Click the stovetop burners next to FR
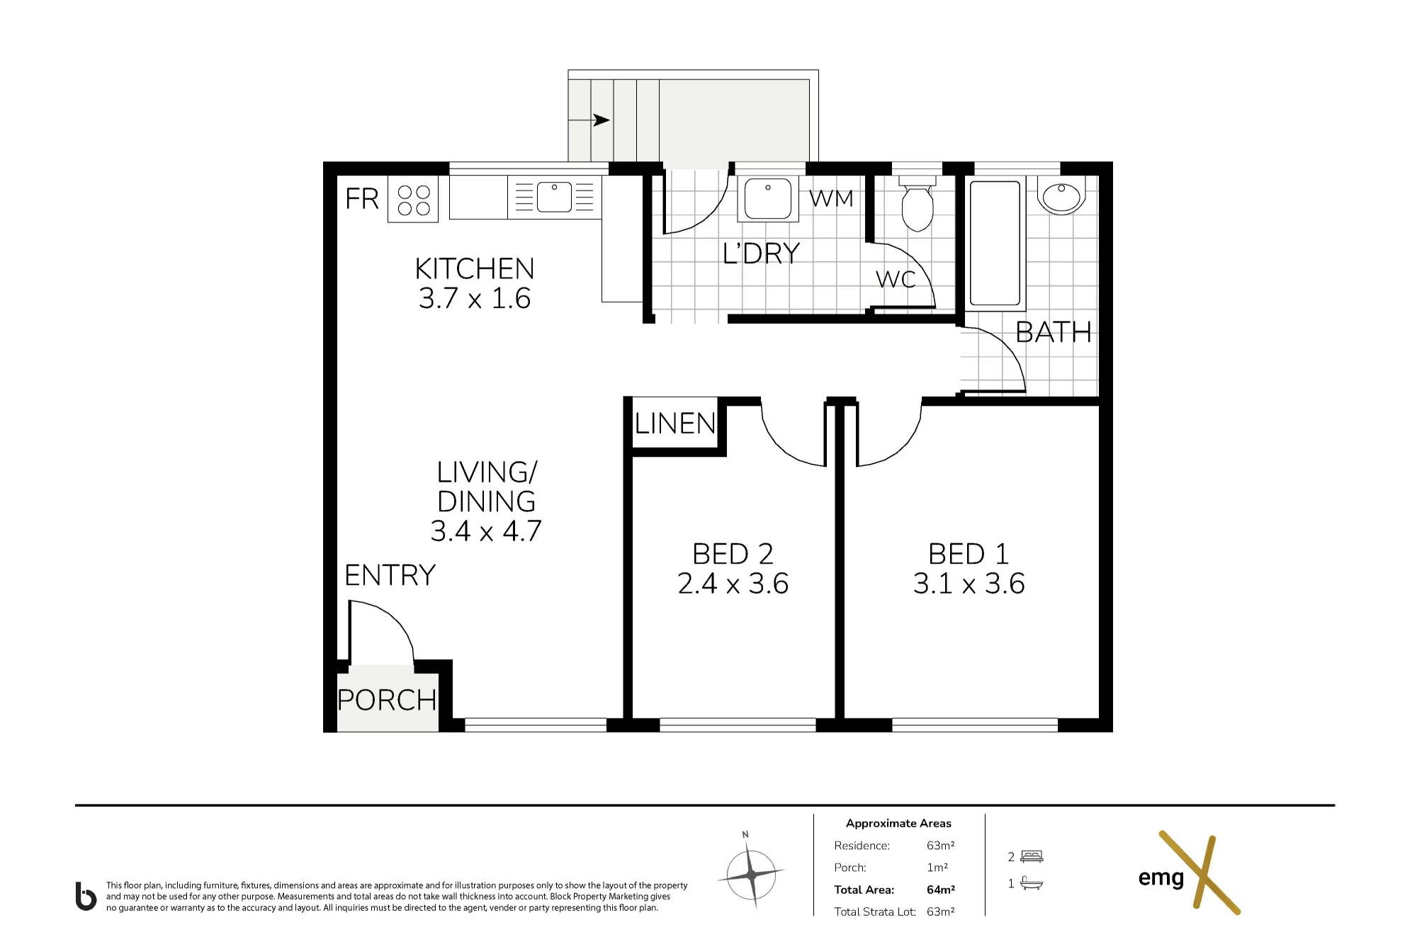(x=413, y=199)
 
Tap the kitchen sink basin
(x=554, y=197)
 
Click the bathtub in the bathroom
(x=995, y=243)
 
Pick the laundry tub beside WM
(x=767, y=198)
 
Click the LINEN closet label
(x=675, y=424)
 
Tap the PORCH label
(x=387, y=700)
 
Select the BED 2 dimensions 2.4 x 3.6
(x=733, y=584)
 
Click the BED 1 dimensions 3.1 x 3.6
(x=969, y=584)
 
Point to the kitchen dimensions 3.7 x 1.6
(x=475, y=298)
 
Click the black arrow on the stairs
(x=602, y=120)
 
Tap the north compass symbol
(x=751, y=873)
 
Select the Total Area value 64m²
(x=940, y=890)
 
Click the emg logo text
(x=1161, y=878)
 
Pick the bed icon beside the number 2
(x=1032, y=856)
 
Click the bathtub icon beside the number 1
(x=1032, y=883)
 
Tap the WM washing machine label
(x=831, y=198)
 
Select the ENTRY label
(x=390, y=575)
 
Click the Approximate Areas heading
(x=898, y=823)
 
